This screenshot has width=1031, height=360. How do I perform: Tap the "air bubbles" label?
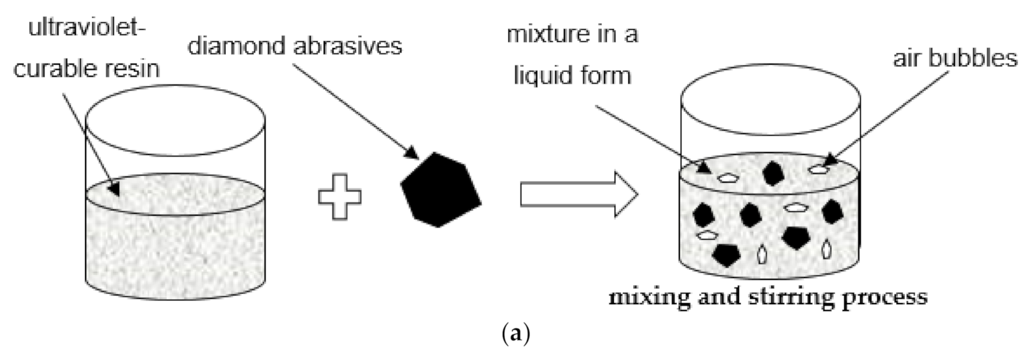coord(954,58)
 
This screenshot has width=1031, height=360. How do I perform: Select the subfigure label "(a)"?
coord(515,335)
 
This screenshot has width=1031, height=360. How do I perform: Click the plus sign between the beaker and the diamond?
coord(339,194)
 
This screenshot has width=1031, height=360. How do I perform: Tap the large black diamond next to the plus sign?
coord(441,189)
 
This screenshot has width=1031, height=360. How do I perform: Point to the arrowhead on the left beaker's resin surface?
coord(114,189)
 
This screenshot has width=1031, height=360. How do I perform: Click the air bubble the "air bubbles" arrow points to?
coord(819,169)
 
